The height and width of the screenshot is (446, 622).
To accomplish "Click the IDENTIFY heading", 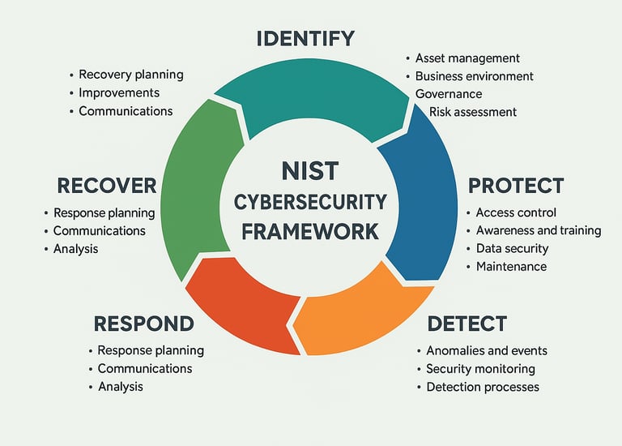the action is tap(305, 38).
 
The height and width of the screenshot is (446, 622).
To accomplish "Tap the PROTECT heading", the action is tap(516, 185).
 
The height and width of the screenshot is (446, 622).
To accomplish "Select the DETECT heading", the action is tap(467, 324).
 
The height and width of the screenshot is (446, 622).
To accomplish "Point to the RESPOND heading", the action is tap(144, 324).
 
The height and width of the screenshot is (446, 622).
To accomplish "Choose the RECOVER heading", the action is tap(107, 185).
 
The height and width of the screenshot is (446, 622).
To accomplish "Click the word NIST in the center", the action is tap(310, 172).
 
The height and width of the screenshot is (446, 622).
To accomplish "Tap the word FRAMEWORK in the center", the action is tap(310, 231).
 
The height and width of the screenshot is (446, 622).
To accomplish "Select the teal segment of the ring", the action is tap(312, 93).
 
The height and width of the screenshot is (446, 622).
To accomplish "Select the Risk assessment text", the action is tap(473, 112).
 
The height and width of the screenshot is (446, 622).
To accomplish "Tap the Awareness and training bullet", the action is tap(539, 230).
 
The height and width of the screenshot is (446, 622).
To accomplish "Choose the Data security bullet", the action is tap(512, 249).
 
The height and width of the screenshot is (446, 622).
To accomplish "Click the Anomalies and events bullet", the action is tap(487, 350).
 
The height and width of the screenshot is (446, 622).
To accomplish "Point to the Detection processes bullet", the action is tap(483, 387).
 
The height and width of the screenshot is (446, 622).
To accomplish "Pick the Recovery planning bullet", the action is tap(131, 75).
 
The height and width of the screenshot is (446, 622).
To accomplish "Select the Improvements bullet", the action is tap(119, 93).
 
